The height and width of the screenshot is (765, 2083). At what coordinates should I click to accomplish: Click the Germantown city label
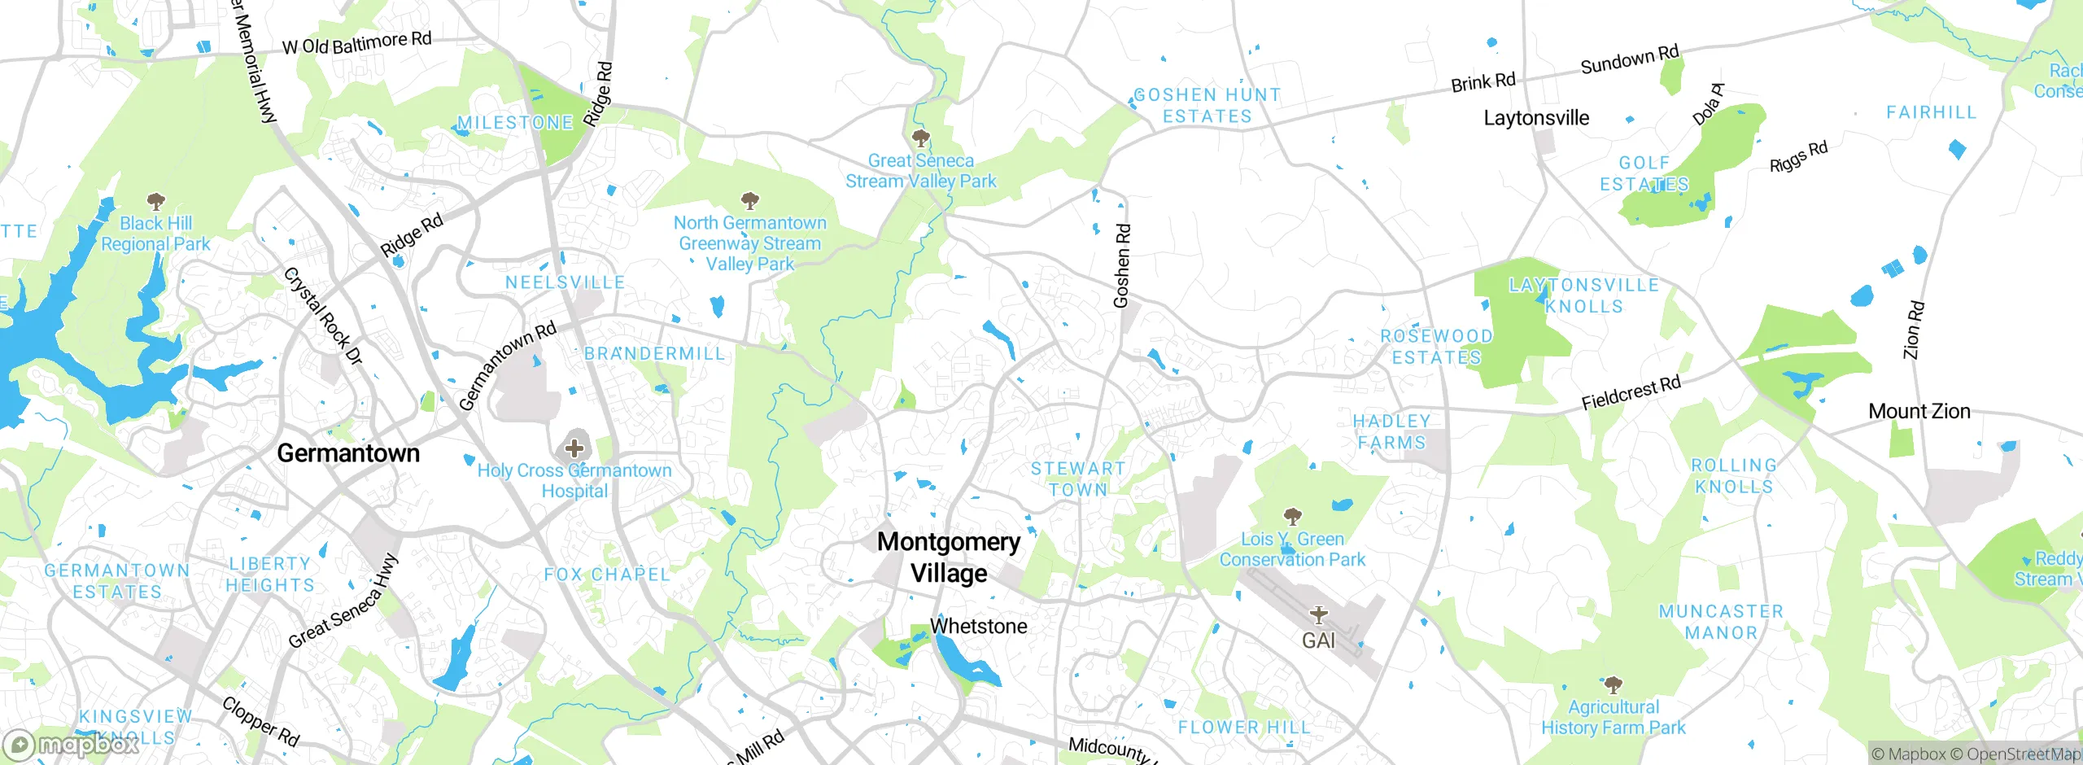click(348, 453)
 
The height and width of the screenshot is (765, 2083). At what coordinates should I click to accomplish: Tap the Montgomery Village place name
click(949, 557)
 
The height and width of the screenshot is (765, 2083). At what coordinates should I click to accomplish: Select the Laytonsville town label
click(1536, 118)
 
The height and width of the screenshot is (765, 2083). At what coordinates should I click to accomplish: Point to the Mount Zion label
click(1919, 411)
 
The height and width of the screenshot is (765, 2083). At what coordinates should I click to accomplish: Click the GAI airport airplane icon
click(1318, 615)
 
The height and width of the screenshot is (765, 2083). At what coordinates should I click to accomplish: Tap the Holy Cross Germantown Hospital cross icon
click(574, 448)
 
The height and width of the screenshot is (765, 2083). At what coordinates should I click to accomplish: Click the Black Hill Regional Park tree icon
click(155, 201)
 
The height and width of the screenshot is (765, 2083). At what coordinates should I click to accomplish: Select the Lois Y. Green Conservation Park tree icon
click(1292, 516)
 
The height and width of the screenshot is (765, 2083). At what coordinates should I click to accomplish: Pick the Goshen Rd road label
click(1121, 266)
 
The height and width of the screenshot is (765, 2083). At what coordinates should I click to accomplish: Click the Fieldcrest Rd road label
click(1631, 393)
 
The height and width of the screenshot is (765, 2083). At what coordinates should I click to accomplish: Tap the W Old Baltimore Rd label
click(356, 43)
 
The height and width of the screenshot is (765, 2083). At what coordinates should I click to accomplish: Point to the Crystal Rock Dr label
click(322, 316)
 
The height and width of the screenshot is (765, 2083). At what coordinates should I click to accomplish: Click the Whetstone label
click(978, 626)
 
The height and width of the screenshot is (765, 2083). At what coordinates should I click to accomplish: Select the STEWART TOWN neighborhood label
click(1078, 479)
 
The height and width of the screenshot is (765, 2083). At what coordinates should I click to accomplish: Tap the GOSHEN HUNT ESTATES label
click(1207, 106)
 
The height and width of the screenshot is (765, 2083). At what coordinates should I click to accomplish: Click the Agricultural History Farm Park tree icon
click(1613, 684)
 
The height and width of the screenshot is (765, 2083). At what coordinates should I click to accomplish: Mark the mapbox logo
click(72, 745)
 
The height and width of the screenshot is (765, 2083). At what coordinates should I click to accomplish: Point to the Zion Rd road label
click(1914, 330)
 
